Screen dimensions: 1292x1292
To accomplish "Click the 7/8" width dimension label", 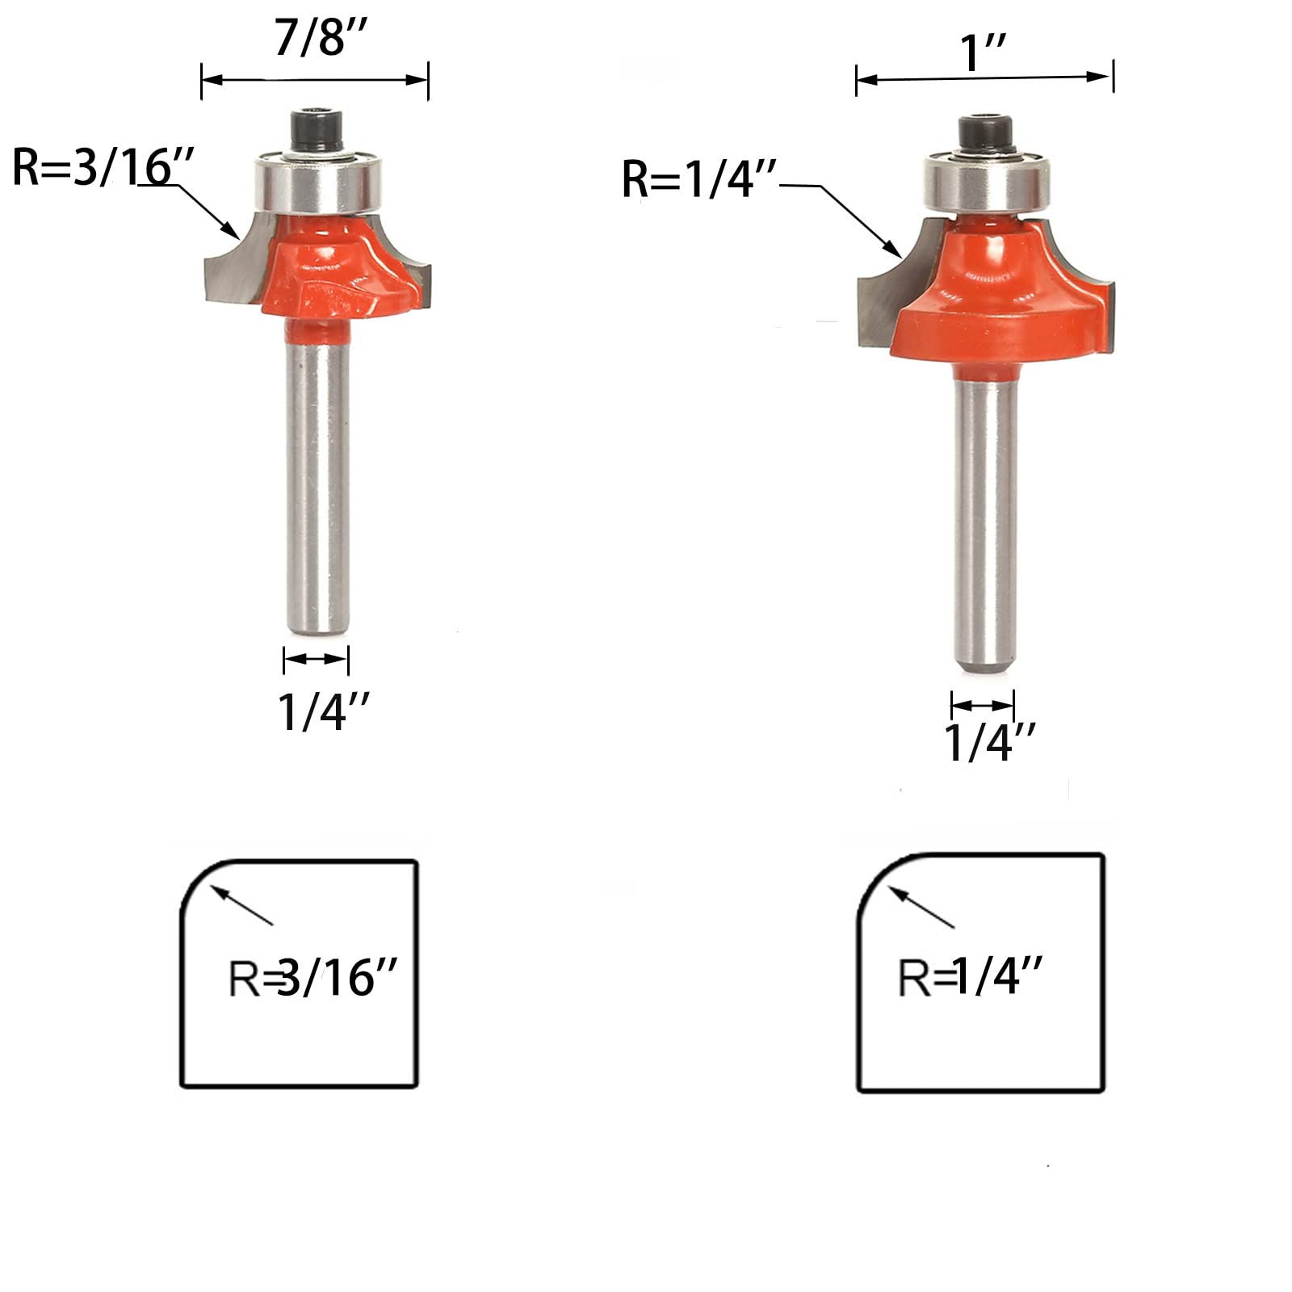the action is click(321, 37).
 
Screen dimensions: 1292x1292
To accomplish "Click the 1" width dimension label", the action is click(984, 52).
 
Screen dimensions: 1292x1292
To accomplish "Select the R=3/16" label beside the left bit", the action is click(103, 168).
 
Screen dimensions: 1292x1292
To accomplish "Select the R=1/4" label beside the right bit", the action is click(698, 178).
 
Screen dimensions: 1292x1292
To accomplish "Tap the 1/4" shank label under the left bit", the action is click(324, 712).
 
